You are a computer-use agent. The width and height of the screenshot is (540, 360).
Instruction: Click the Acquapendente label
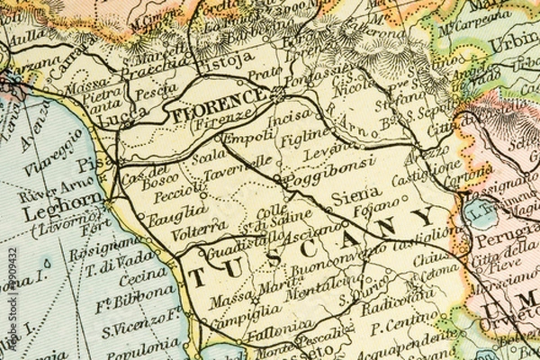click(409, 341)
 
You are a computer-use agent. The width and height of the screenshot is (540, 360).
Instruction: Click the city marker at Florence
click(278, 94)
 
